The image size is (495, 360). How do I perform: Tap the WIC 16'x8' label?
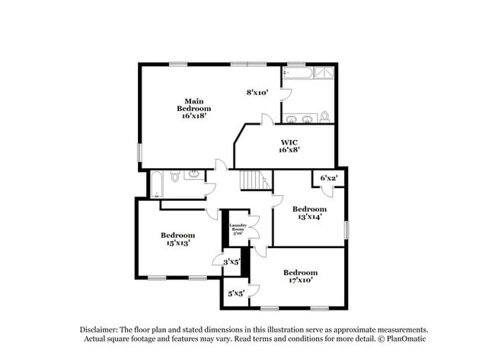coord(289,145)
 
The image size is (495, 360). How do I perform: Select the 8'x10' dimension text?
coord(257,92)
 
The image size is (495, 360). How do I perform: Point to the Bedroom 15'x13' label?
coord(177,239)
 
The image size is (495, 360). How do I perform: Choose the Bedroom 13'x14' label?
coord(309,212)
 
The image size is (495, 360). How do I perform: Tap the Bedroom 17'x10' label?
coord(300,276)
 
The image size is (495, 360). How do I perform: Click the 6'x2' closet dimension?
coord(329,178)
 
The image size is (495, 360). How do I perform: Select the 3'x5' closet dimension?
coord(231,262)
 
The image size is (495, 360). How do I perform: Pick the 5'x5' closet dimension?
coord(236,293)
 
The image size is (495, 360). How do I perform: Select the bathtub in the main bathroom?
coord(297,73)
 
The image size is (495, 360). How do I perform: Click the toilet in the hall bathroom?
coord(174,177)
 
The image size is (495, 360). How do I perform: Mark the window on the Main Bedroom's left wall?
coord(139,152)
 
